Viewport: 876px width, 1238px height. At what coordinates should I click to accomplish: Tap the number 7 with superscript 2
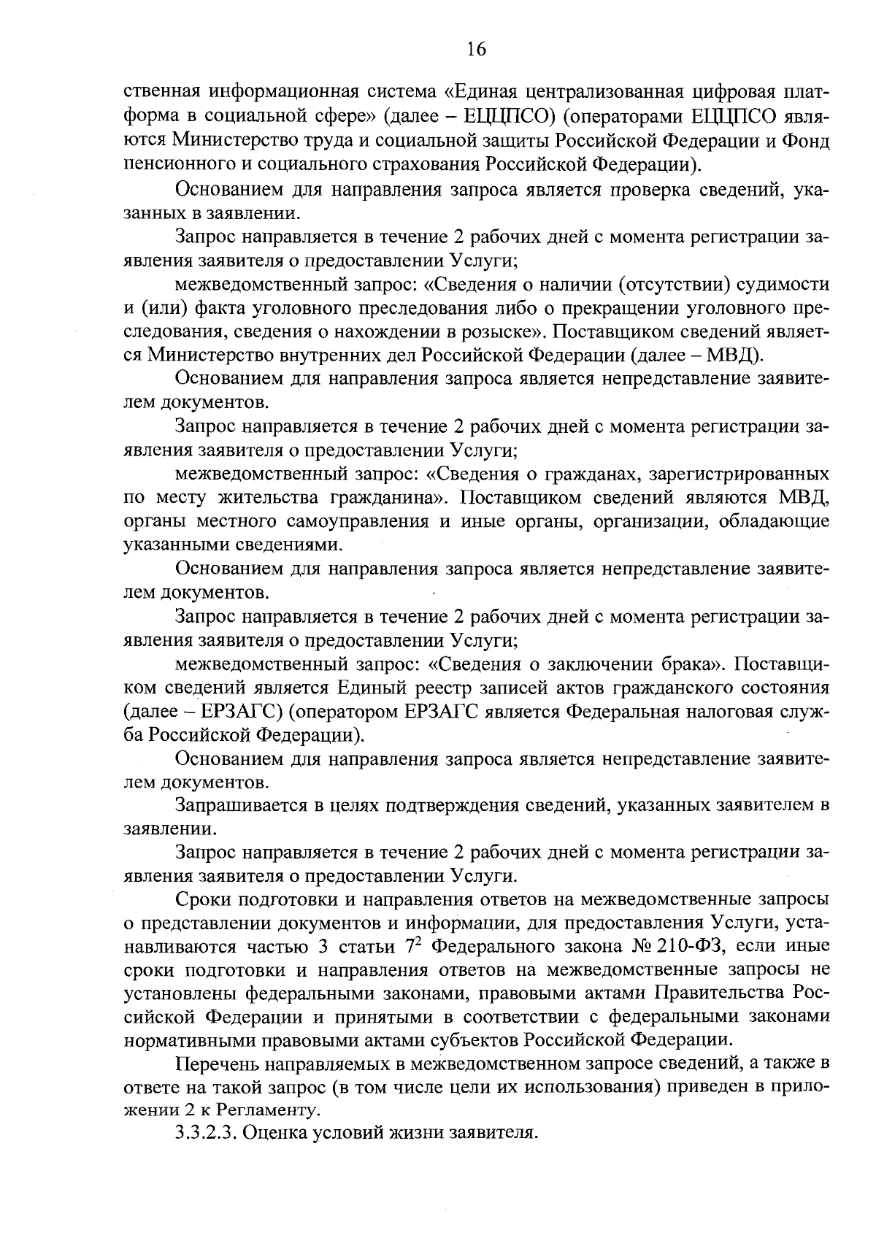pos(408,948)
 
